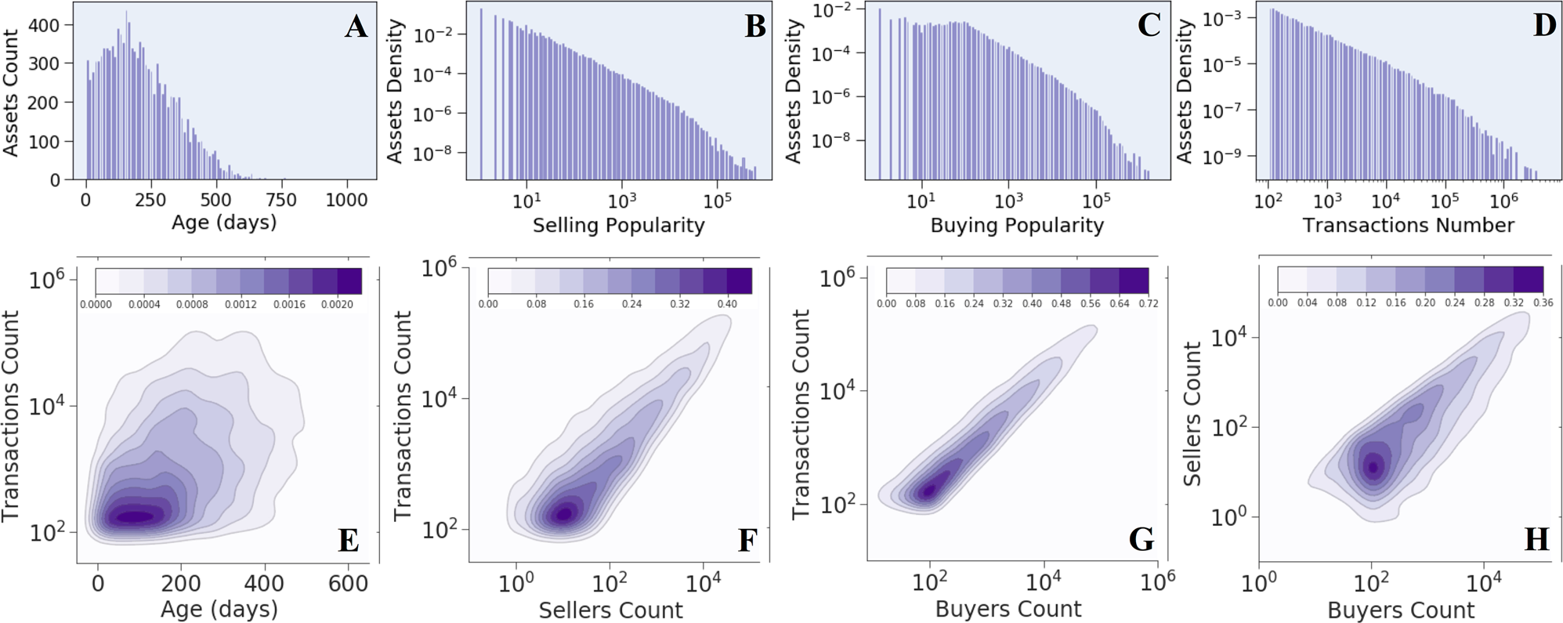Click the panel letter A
356,27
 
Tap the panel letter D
1544,25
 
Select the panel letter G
1141,539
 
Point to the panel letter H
1536,539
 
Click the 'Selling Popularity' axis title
618,226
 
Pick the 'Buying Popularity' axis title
1016,226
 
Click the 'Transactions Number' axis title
1408,226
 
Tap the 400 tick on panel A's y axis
44,25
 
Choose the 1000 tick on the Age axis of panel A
346,200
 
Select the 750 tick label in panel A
280,200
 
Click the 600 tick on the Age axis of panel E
348,584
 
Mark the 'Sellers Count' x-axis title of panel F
610,610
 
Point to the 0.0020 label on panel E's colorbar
337,304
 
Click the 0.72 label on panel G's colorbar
1148,303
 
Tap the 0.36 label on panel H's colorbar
1543,302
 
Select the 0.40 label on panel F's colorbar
727,303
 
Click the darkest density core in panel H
1372,467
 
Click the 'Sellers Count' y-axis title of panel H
1192,414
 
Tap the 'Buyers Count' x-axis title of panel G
1008,609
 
